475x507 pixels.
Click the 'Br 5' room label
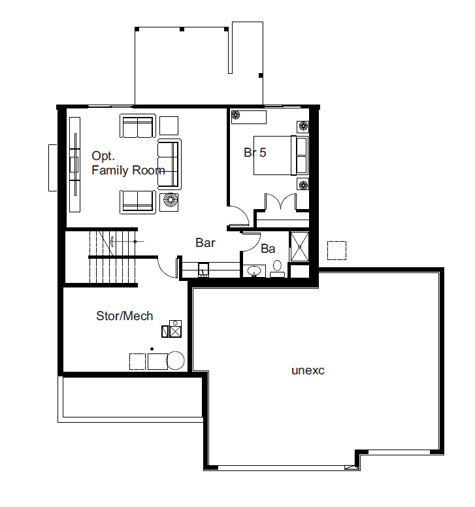click(255, 152)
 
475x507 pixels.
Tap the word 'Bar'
click(205, 243)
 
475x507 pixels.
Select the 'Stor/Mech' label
click(125, 316)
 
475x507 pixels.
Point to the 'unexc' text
click(308, 370)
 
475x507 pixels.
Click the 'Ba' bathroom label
click(268, 249)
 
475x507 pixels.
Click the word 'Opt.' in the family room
click(103, 156)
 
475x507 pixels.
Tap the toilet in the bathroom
click(278, 269)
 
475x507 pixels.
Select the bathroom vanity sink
click(254, 271)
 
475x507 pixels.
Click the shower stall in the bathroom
click(300, 246)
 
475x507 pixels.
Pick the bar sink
click(203, 270)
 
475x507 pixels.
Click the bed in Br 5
click(281, 155)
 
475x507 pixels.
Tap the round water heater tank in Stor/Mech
click(175, 360)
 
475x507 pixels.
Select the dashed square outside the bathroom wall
click(336, 250)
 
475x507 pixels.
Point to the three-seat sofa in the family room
click(169, 164)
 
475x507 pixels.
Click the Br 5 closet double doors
click(280, 202)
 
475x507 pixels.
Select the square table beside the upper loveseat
click(169, 126)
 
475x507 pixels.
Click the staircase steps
click(112, 257)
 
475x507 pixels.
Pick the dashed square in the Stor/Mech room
click(137, 361)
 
